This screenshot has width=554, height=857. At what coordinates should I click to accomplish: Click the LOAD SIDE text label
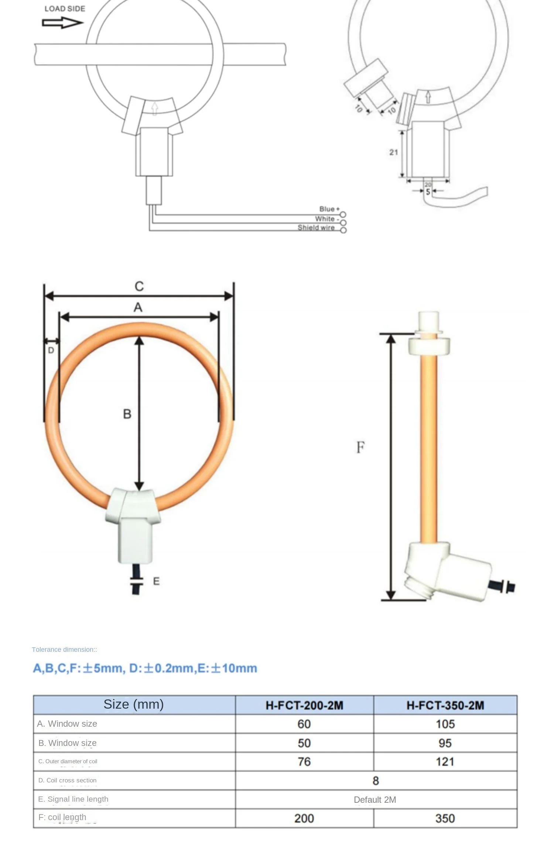[65, 8]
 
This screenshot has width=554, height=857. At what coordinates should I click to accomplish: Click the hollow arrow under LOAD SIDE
[62, 23]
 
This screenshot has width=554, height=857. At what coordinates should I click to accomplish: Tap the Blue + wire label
[329, 209]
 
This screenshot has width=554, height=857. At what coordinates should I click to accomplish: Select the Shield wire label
[316, 227]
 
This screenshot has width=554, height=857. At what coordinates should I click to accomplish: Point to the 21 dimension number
[393, 152]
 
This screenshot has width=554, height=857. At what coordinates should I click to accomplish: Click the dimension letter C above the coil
[139, 286]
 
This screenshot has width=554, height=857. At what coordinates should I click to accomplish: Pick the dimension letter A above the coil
[138, 307]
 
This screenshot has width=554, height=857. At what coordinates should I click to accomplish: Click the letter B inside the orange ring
[127, 414]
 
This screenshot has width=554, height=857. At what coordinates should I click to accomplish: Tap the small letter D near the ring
[51, 350]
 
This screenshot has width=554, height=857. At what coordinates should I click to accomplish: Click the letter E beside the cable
[156, 581]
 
